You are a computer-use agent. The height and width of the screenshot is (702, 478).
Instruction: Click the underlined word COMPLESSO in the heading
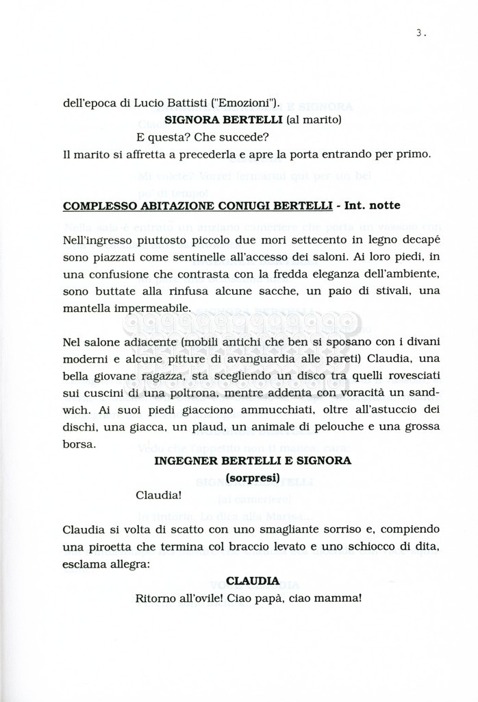point(97,206)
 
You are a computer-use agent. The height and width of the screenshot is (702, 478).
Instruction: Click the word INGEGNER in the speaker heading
point(186,461)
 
